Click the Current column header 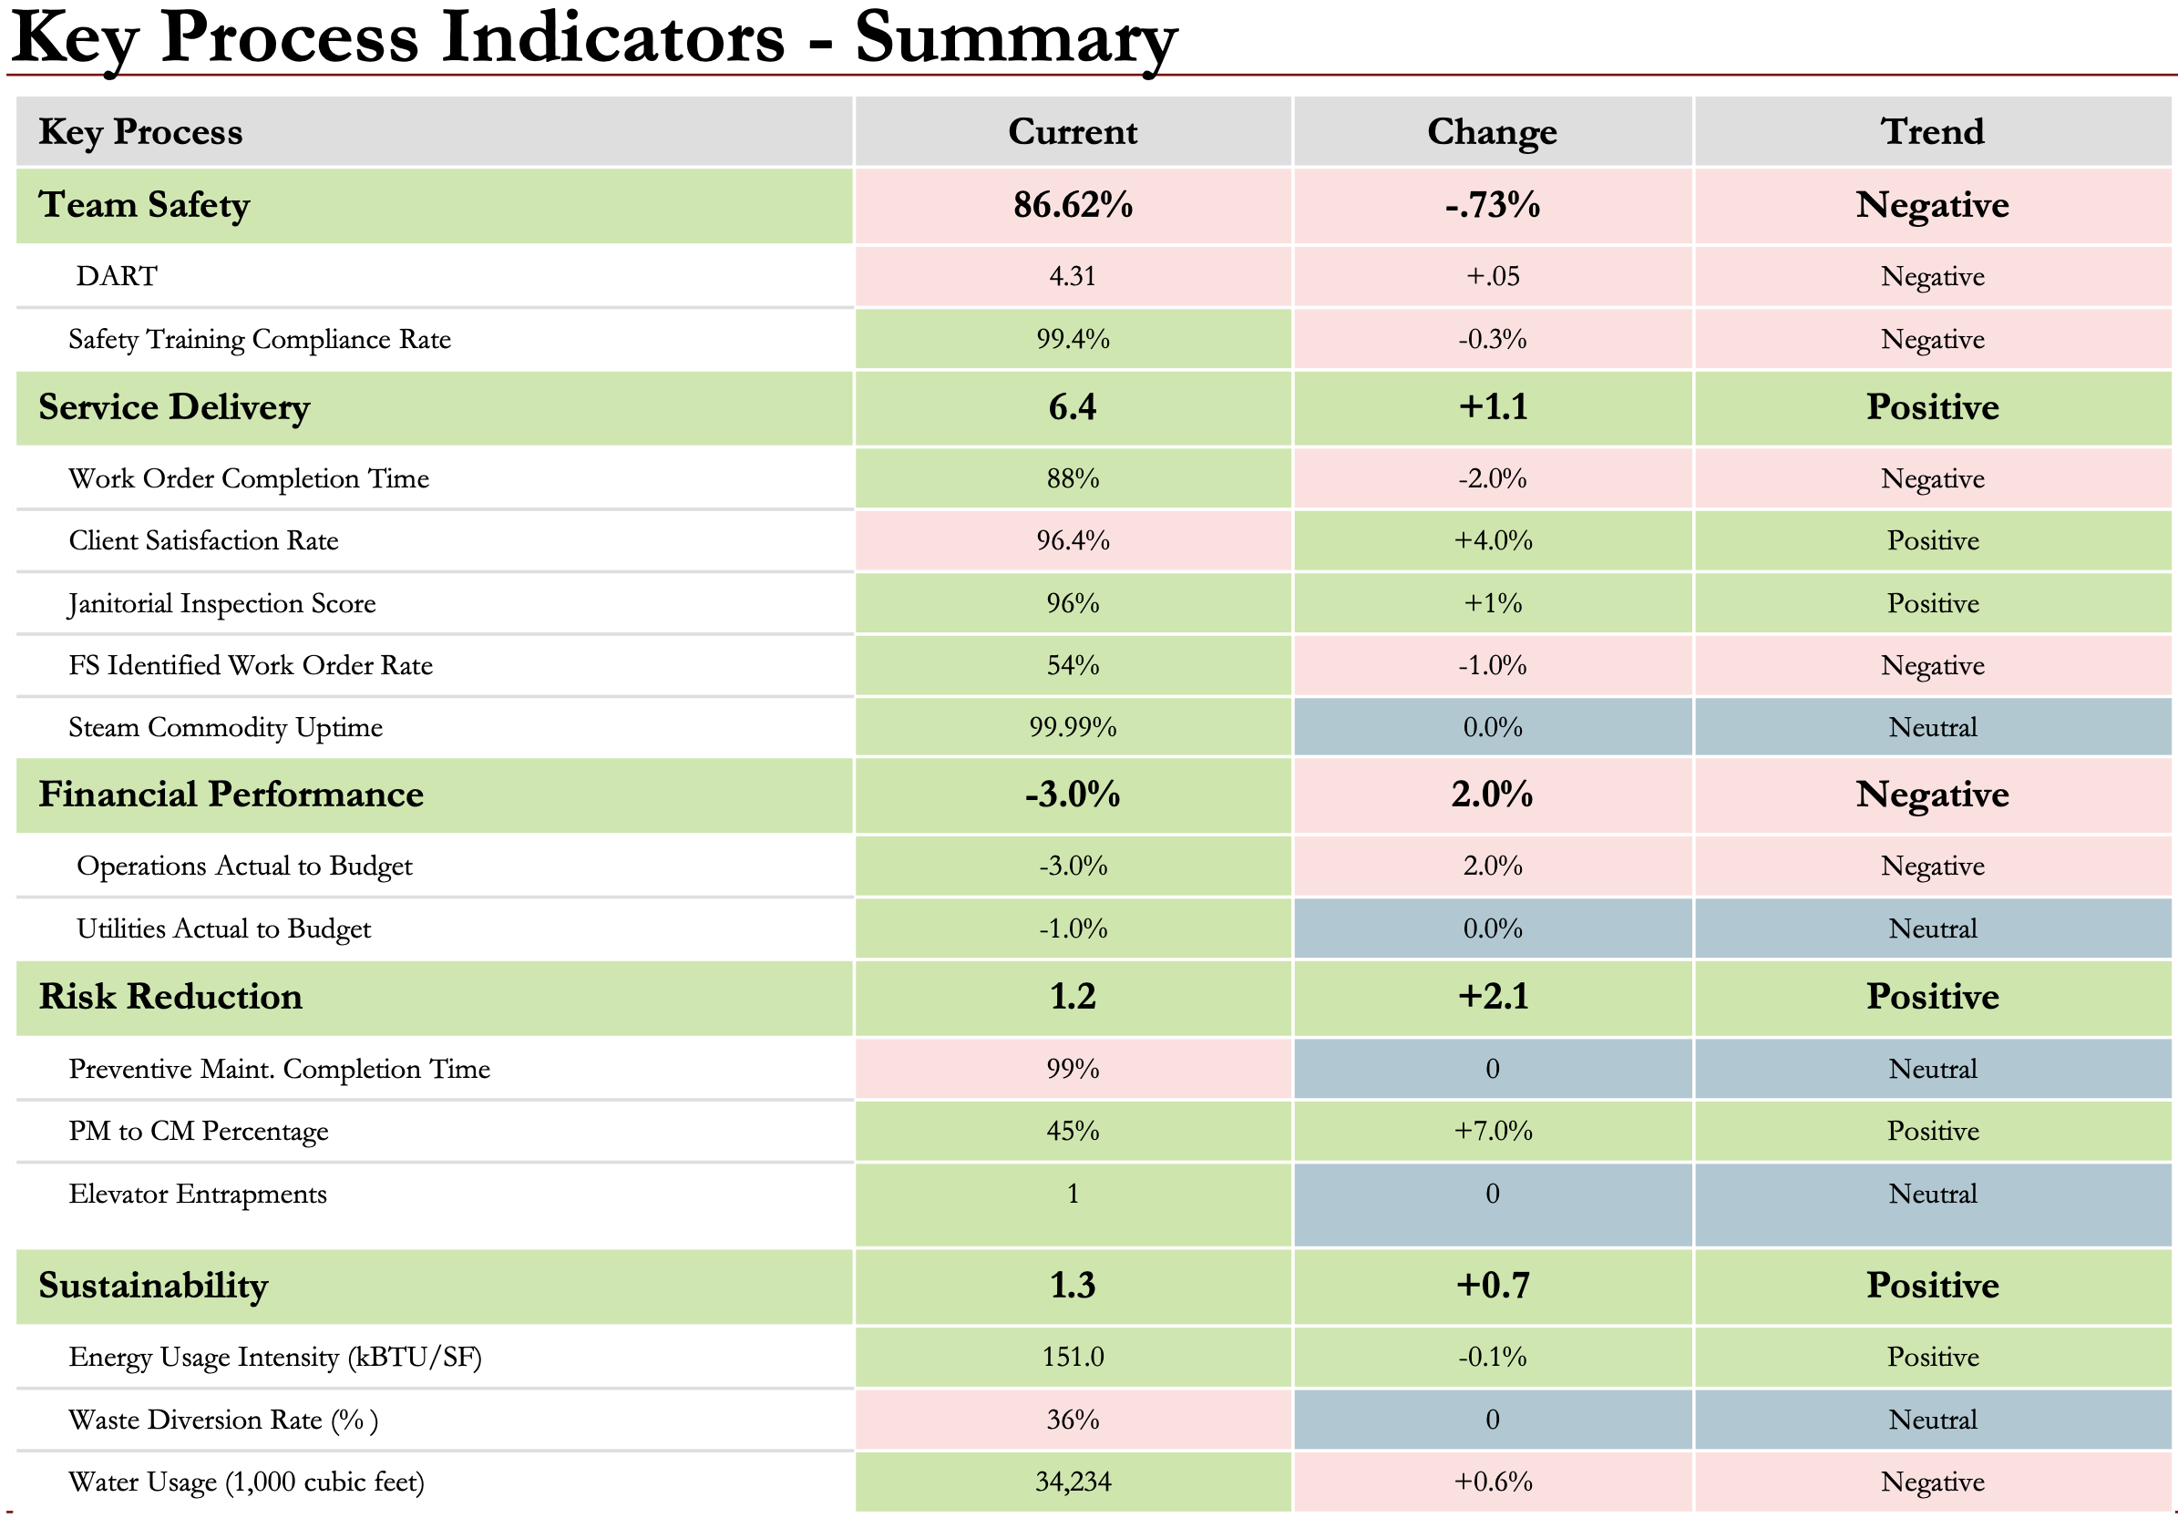click(x=1072, y=131)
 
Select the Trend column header click(x=1931, y=131)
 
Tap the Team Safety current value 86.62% click(x=1072, y=205)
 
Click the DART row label click(x=116, y=276)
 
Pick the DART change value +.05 click(x=1492, y=276)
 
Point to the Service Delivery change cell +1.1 click(x=1492, y=407)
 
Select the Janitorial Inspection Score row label click(x=222, y=603)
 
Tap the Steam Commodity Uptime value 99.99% click(x=1072, y=728)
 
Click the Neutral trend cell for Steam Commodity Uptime click(x=1931, y=728)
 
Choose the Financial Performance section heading click(x=231, y=795)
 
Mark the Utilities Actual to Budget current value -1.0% click(x=1072, y=928)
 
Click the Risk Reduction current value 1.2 click(x=1072, y=997)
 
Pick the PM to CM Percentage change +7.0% click(x=1492, y=1131)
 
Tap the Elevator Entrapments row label click(x=198, y=1194)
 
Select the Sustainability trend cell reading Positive click(x=1931, y=1286)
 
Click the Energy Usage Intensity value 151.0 click(x=1072, y=1357)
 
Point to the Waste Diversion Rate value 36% click(x=1072, y=1420)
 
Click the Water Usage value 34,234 click(x=1072, y=1482)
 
